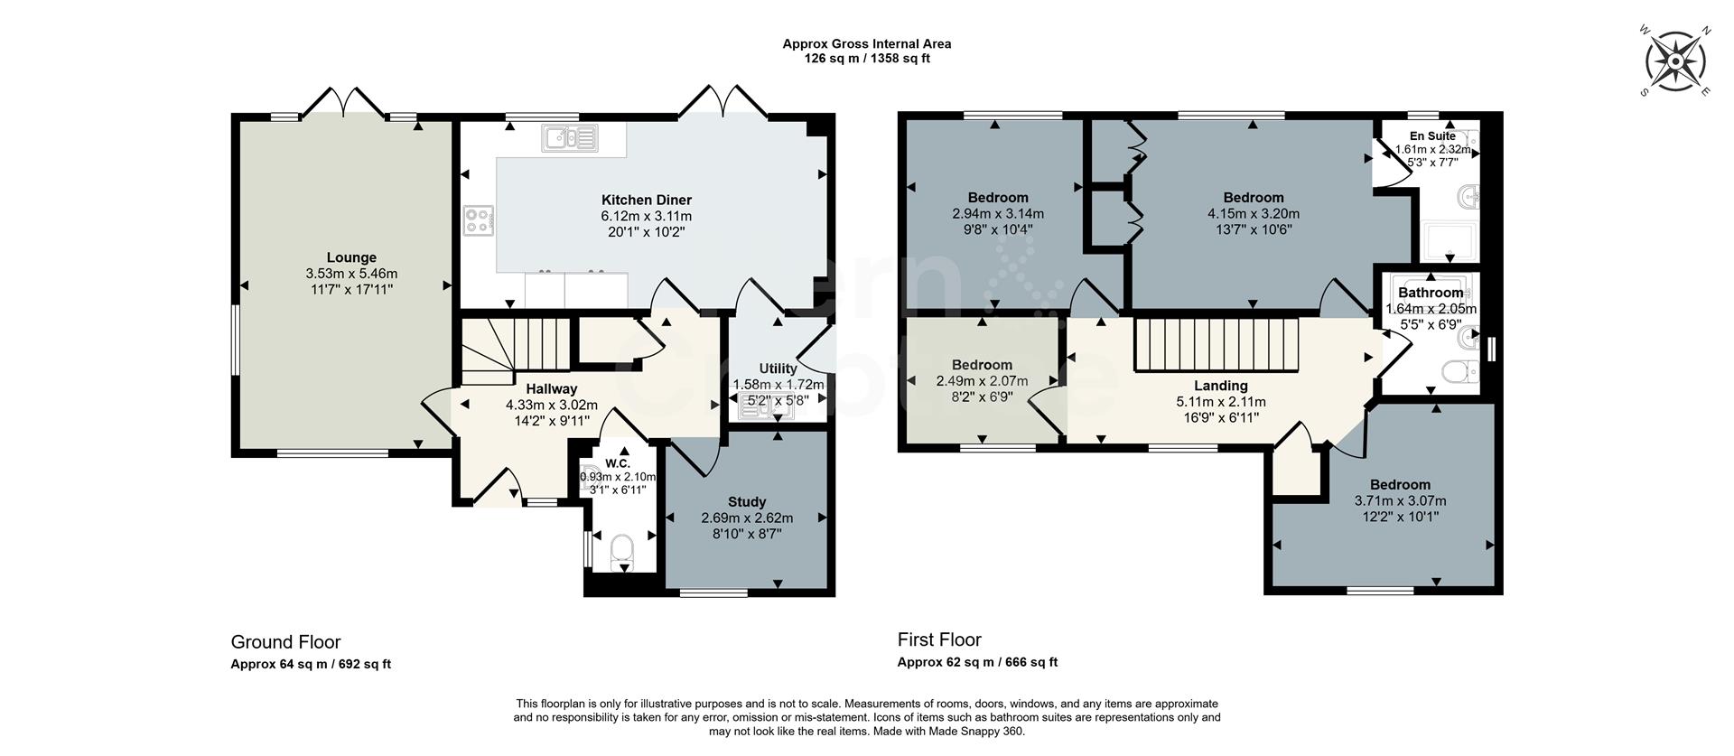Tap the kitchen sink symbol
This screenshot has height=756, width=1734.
coord(570,138)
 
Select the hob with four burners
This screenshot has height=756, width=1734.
coord(479,220)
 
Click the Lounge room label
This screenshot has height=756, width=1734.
coord(351,257)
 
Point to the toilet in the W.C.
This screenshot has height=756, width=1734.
coord(622,550)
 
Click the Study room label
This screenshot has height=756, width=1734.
coord(747,501)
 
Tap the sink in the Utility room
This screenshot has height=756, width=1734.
coord(764,409)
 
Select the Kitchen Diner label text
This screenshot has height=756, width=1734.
coord(647,200)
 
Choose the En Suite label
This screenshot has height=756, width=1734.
coord(1432,136)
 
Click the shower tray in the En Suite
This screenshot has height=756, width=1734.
coord(1449,240)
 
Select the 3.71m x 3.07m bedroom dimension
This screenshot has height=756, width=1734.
coord(1400,501)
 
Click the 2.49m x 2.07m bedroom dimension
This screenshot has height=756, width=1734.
coord(982,382)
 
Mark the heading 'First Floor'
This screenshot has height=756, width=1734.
coord(939,639)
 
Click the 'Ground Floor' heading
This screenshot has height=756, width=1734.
coord(285,642)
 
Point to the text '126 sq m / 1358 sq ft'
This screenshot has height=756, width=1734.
coord(866,59)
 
